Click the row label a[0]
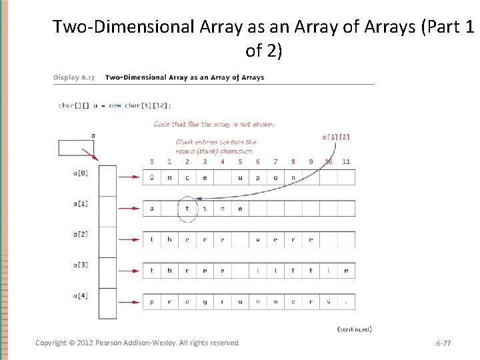[80, 172]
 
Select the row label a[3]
[80, 265]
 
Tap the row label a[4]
[80, 295]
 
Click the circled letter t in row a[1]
[187, 209]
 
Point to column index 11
[346, 161]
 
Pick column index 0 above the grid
[152, 161]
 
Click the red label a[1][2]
[336, 137]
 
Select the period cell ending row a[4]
[346, 302]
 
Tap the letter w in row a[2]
[258, 240]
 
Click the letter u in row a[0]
[258, 178]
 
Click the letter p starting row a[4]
[152, 302]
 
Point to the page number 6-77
[443, 343]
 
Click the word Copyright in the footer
[51, 343]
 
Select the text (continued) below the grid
[355, 329]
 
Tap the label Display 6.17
[73, 77]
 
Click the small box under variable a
[76, 147]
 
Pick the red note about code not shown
[213, 124]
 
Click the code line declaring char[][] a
[114, 105]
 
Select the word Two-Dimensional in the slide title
[124, 27]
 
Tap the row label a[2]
[80, 234]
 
